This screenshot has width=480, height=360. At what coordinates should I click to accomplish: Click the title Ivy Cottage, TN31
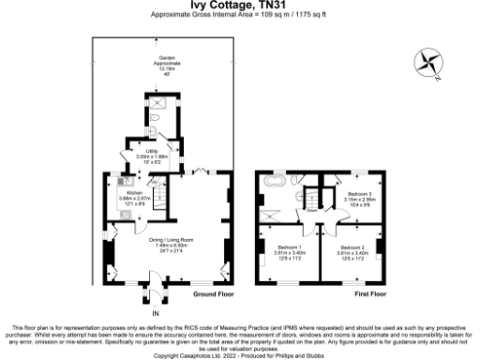click(240, 6)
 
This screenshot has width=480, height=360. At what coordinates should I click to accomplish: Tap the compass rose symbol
click(428, 64)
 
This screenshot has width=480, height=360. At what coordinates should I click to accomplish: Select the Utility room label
click(149, 151)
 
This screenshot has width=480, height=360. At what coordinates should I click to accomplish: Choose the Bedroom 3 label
click(359, 192)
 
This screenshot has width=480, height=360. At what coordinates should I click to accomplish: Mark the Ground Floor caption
click(212, 293)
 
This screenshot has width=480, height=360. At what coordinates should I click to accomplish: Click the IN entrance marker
click(143, 312)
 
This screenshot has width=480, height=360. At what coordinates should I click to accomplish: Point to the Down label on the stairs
click(310, 211)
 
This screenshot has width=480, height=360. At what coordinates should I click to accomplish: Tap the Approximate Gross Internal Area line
click(240, 16)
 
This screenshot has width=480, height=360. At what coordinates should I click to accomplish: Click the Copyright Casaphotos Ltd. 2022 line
click(240, 355)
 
